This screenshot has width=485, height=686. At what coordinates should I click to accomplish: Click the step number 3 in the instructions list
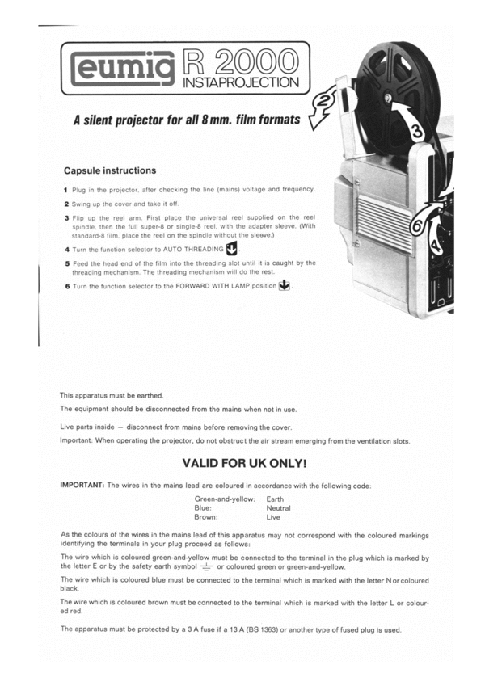(x=66, y=218)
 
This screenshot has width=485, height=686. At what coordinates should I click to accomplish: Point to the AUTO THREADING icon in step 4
(x=232, y=248)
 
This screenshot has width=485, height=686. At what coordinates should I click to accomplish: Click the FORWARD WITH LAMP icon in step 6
(x=283, y=286)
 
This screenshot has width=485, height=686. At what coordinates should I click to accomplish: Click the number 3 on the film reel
(x=417, y=129)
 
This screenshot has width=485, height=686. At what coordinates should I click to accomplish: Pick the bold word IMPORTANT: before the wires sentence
(x=83, y=485)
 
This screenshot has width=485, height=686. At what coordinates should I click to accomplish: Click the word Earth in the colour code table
(x=274, y=499)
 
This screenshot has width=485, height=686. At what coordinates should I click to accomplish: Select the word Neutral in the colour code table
(x=278, y=508)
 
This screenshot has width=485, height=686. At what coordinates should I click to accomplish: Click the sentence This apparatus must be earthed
(x=112, y=395)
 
